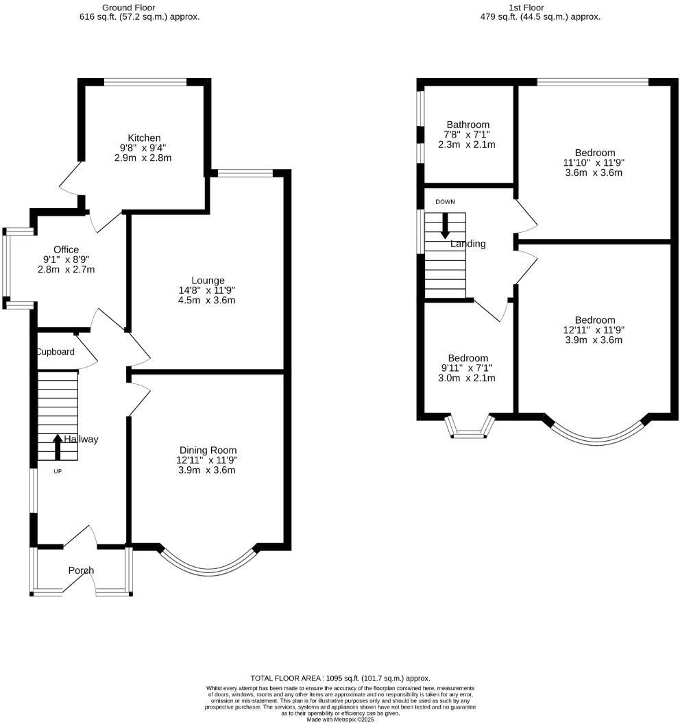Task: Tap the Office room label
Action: [x=66, y=249]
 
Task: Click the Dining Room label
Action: [x=208, y=450]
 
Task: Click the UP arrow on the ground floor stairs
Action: [x=58, y=446]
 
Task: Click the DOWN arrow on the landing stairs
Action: [x=445, y=225]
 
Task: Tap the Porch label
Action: [x=81, y=570]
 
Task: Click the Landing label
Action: [x=468, y=244]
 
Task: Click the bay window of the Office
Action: [x=6, y=268]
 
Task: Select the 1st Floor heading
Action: [x=540, y=8]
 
